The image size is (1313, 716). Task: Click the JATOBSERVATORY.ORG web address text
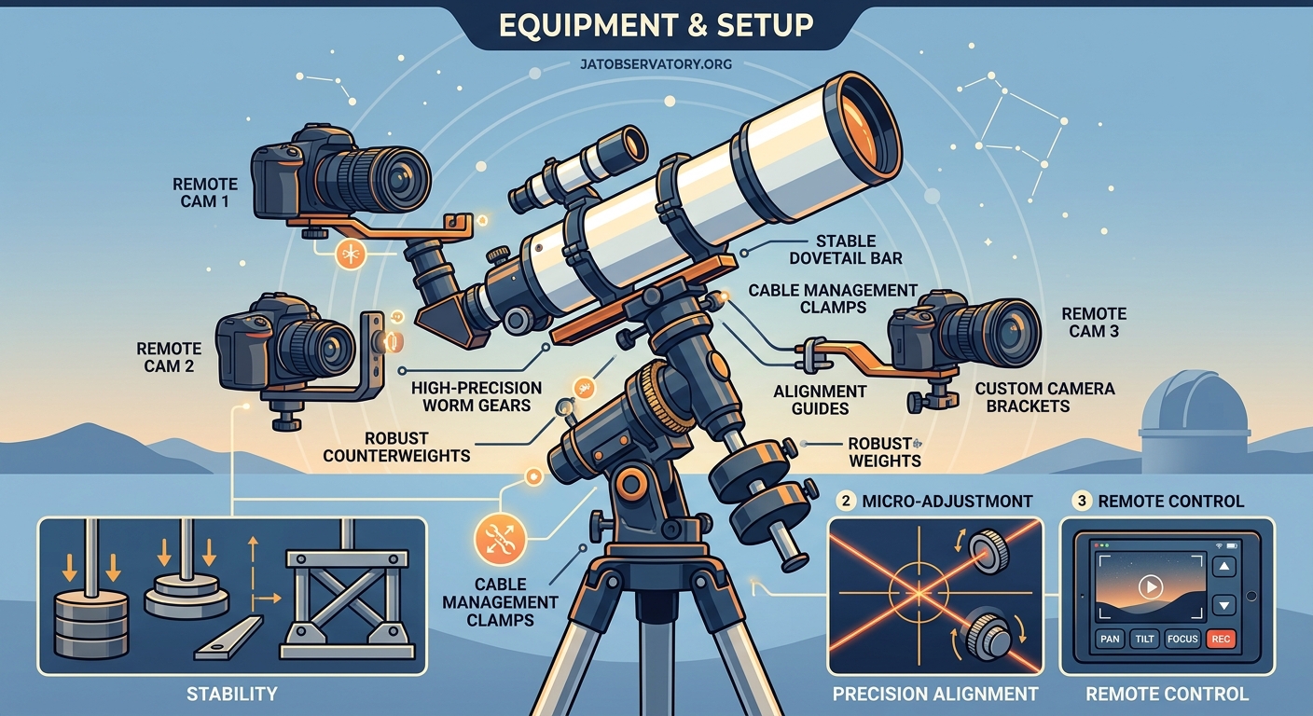click(x=656, y=65)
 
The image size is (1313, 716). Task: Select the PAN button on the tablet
click(x=1109, y=640)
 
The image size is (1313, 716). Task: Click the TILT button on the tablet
click(x=1143, y=640)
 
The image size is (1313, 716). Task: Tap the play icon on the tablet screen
click(x=1152, y=587)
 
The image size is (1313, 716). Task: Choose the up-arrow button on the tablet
click(x=1223, y=566)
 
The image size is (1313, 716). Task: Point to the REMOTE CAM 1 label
click(x=205, y=193)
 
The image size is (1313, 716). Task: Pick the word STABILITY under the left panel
click(x=232, y=693)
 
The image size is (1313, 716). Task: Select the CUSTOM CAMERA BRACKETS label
click(x=1044, y=397)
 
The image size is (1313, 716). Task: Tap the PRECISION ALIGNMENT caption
click(x=935, y=694)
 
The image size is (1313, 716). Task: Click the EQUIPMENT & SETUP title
click(x=655, y=26)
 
